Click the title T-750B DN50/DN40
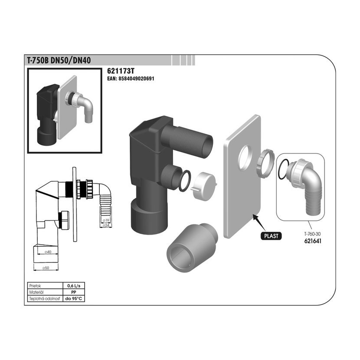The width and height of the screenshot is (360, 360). click(x=59, y=60)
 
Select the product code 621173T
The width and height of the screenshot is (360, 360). click(x=121, y=71)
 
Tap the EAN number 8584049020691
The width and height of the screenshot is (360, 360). click(x=131, y=79)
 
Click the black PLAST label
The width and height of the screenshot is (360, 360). click(x=271, y=236)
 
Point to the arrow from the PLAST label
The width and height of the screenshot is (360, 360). click(x=259, y=223)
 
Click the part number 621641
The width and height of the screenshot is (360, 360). click(x=313, y=241)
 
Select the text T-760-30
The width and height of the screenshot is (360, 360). click(x=312, y=234)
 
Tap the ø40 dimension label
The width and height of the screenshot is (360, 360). click(x=48, y=252)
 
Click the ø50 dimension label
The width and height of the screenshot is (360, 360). click(x=46, y=268)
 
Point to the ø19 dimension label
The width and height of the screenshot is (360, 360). click(x=106, y=220)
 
